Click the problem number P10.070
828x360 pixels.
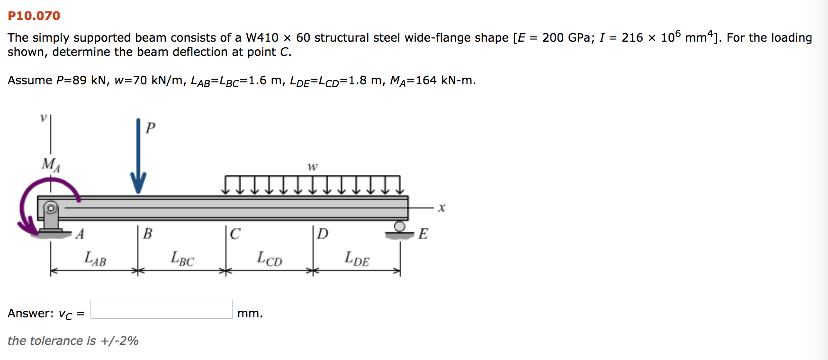point(34,16)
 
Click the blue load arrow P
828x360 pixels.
point(138,156)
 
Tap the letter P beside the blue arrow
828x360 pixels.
point(151,128)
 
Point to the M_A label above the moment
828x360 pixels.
point(50,164)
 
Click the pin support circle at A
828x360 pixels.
point(51,208)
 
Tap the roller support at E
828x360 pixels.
point(400,229)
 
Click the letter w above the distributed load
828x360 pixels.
point(313,167)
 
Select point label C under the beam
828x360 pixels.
point(235,234)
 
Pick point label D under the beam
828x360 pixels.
point(323,234)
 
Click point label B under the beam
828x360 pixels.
point(147,234)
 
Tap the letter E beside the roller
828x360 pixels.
point(423,234)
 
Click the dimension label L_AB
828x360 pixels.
point(95,259)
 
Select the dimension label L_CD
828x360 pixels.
point(270,259)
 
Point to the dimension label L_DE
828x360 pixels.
point(357,259)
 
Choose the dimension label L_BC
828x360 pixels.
point(182,259)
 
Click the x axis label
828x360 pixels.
point(441,208)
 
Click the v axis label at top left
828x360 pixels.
point(43,117)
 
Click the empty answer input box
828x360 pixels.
point(161,309)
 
